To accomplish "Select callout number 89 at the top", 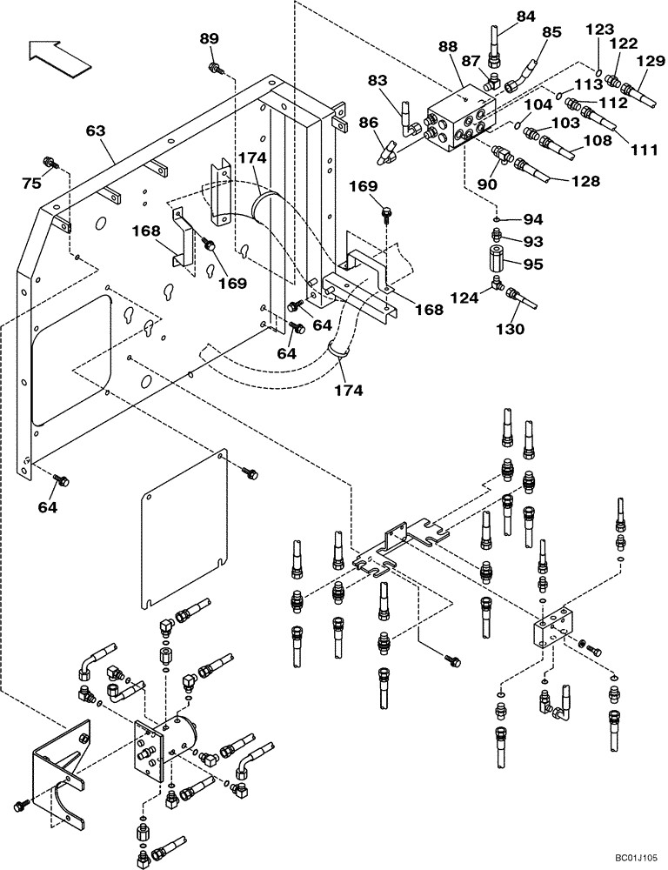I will click(x=209, y=38).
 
